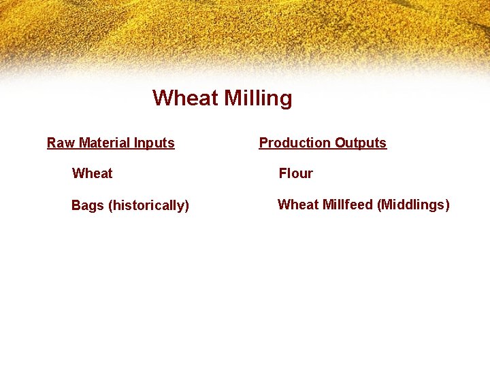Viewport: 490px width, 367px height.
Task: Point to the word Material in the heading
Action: coord(105,143)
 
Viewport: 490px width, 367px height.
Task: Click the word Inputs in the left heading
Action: coord(154,143)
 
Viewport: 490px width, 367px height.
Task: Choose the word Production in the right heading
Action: coord(295,143)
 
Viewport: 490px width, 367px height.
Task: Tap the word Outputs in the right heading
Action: coord(361,143)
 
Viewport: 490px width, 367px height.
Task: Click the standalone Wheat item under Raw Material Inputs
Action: coord(92,173)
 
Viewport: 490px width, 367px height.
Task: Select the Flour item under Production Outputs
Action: coord(295,173)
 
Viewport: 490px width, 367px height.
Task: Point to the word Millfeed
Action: coord(346,205)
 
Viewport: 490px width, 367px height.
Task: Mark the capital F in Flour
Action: coord(282,173)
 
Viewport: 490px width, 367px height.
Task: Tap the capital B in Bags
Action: coord(76,205)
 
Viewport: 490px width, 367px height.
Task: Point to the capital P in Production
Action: coord(263,143)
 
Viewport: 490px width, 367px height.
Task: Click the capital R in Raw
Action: coord(51,143)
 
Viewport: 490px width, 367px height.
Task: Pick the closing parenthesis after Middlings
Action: coord(447,205)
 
